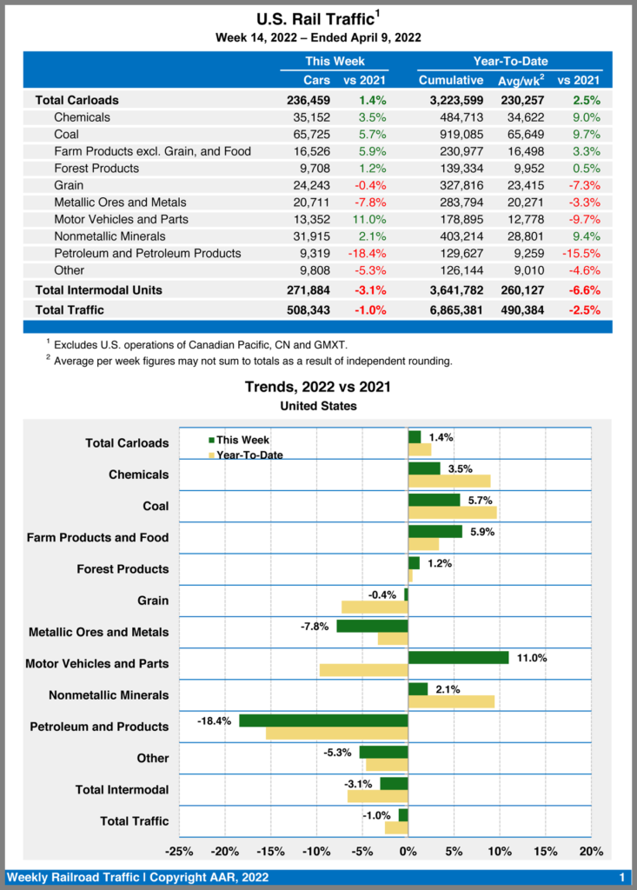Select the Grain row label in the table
click(69, 185)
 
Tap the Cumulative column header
click(450, 80)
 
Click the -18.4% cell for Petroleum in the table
click(366, 253)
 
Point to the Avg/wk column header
click(520, 80)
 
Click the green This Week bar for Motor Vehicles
click(458, 657)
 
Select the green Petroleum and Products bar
click(323, 721)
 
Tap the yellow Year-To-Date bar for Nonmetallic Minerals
click(451, 701)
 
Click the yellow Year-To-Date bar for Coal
click(452, 513)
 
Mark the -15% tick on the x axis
click(270, 852)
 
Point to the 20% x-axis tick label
click(591, 852)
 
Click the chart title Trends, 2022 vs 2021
click(318, 387)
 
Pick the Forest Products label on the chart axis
click(122, 568)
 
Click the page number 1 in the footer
click(622, 877)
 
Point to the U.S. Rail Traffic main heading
click(315, 18)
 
